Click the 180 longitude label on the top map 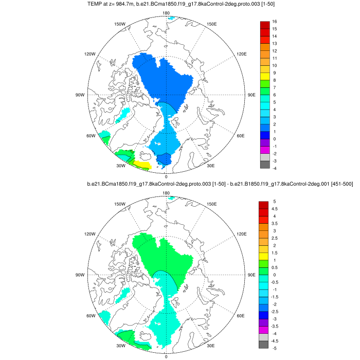click(166, 13)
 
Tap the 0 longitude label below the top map click(166, 177)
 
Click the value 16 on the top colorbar click(275, 22)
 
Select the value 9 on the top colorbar click(274, 73)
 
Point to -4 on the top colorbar click(275, 168)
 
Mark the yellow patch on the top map click(142, 165)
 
